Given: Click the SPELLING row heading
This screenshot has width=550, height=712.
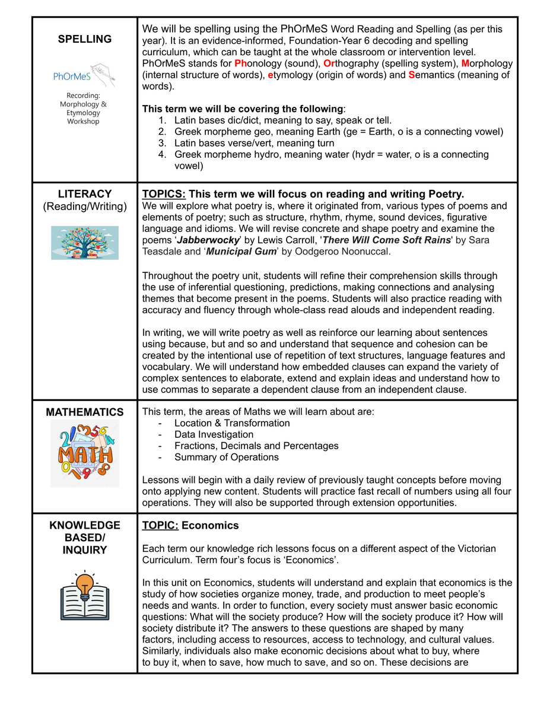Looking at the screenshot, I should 84,39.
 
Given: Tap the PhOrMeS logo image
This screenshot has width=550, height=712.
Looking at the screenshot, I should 84,76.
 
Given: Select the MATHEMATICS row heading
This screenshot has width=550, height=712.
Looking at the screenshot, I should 84,412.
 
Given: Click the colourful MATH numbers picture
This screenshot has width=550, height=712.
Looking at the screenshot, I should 85,454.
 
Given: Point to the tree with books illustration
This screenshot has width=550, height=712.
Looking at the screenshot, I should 84,243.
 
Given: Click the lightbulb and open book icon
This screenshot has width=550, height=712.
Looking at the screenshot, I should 84,595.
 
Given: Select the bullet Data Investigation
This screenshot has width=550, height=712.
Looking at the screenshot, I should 214,434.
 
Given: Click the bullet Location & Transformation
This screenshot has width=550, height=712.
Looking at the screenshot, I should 232,423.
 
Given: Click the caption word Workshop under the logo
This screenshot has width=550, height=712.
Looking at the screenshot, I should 84,122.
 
